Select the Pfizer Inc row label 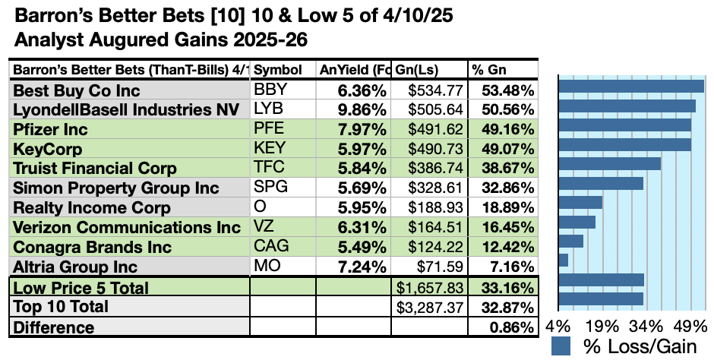point(51,129)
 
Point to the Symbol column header point(277,70)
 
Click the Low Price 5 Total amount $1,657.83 point(430,288)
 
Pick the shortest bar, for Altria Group point(563,260)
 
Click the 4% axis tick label point(564,327)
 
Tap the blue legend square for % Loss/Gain point(561,346)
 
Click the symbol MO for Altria point(266,267)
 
